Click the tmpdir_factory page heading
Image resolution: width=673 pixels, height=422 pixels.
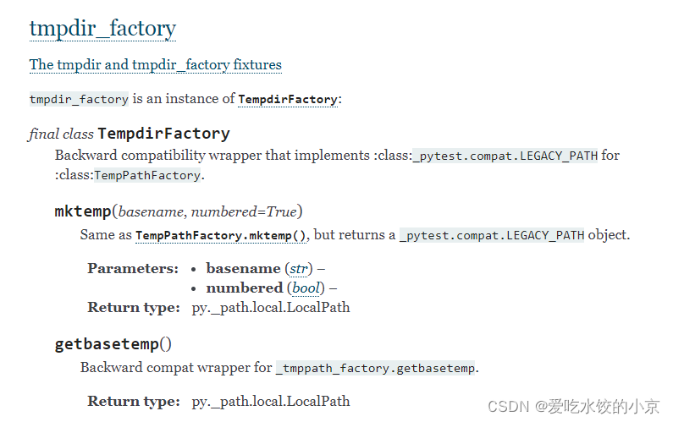click(x=102, y=29)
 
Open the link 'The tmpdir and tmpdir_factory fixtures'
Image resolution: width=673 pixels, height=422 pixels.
click(x=155, y=65)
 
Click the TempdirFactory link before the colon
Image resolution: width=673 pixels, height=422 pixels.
click(x=288, y=100)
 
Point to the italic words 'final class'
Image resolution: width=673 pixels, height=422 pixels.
click(x=61, y=134)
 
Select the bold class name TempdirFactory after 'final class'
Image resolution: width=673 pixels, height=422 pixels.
click(x=163, y=134)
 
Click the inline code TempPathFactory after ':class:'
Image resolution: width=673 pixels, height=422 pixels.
click(x=147, y=176)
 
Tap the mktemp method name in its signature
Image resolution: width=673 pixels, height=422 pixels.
click(x=82, y=211)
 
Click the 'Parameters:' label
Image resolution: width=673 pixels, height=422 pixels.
click(x=133, y=269)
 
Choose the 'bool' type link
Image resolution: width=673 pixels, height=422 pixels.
click(x=306, y=288)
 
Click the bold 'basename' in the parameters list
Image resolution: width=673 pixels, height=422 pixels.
click(x=243, y=269)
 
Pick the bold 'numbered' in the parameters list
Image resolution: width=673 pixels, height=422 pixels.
click(x=245, y=288)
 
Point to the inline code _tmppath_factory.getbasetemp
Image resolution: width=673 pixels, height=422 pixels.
click(x=377, y=368)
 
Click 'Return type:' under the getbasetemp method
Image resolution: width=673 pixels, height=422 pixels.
click(x=133, y=402)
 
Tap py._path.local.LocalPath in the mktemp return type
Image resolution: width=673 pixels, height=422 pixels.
click(x=270, y=308)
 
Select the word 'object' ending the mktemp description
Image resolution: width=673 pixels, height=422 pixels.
click(x=609, y=235)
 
